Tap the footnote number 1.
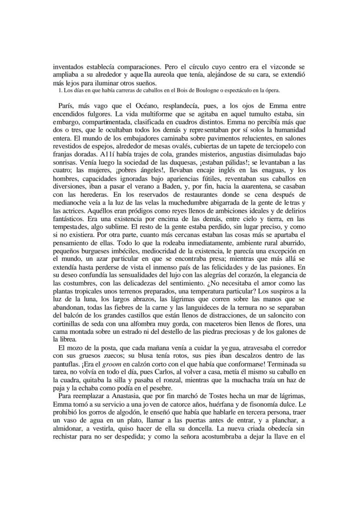coord(59,90)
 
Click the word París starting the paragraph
coord(65,106)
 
